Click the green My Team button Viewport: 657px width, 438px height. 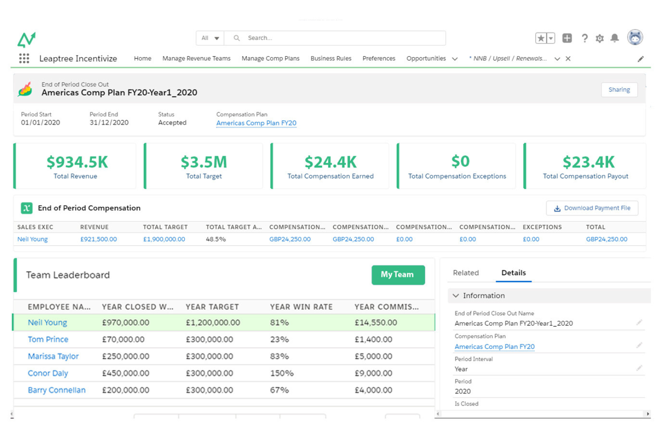tap(397, 275)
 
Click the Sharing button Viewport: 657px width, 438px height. tap(619, 90)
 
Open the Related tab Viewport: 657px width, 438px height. tap(466, 273)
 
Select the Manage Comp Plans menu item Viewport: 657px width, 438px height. tap(270, 59)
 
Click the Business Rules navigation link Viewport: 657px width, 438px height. tap(331, 59)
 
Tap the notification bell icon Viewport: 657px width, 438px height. tap(614, 38)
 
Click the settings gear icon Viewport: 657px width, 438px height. tap(599, 38)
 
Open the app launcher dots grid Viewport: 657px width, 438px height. tap(24, 59)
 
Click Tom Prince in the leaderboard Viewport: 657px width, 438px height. tap(48, 339)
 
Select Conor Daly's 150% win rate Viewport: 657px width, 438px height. tap(282, 373)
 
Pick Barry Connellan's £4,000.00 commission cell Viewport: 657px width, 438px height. tap(373, 390)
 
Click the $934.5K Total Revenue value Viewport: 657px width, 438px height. tap(77, 162)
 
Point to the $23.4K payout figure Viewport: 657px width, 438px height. tap(588, 162)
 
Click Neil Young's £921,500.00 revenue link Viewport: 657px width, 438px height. tap(99, 239)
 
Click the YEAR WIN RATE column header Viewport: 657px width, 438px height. tap(301, 307)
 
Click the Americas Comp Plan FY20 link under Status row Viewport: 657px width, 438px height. tap(256, 123)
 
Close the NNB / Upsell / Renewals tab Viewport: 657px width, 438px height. tap(568, 59)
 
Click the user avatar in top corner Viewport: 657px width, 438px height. tap(635, 38)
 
